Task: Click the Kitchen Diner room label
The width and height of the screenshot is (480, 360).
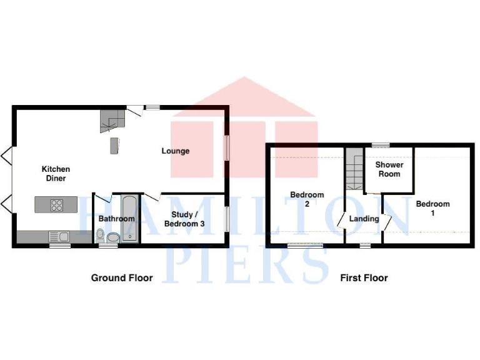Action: pyautogui.click(x=56, y=174)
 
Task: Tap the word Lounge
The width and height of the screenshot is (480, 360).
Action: pyautogui.click(x=176, y=151)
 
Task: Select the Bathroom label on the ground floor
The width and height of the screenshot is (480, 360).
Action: pyautogui.click(x=116, y=219)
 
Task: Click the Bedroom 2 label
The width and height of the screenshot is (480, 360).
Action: pyautogui.click(x=307, y=199)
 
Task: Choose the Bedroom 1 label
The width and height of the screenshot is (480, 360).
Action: pyautogui.click(x=432, y=208)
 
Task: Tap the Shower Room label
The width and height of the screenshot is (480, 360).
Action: pyautogui.click(x=389, y=169)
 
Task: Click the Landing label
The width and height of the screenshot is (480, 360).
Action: pyautogui.click(x=364, y=219)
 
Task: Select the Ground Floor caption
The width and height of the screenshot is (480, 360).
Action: pyautogui.click(x=122, y=278)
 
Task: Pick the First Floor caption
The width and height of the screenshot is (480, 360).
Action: pyautogui.click(x=364, y=278)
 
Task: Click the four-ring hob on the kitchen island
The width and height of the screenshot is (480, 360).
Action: pyautogui.click(x=57, y=204)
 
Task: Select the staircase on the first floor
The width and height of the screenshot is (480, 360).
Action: pyautogui.click(x=354, y=169)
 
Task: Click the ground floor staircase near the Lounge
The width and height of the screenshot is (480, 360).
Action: pyautogui.click(x=112, y=120)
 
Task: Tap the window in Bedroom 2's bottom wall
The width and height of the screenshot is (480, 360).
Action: pyautogui.click(x=305, y=246)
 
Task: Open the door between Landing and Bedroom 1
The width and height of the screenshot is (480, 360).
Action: pyautogui.click(x=387, y=221)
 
